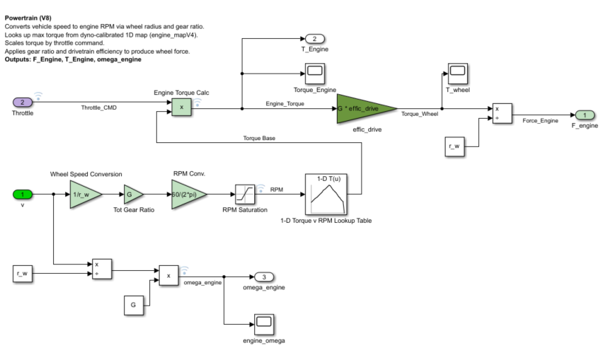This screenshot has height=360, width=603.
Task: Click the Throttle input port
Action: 23,103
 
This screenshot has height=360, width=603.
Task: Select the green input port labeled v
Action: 23,194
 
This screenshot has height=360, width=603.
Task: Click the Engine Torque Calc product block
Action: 181,108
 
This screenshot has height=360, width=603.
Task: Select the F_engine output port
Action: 585,115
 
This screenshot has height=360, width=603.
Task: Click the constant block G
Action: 134,306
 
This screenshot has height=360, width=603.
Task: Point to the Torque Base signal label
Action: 259,138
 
